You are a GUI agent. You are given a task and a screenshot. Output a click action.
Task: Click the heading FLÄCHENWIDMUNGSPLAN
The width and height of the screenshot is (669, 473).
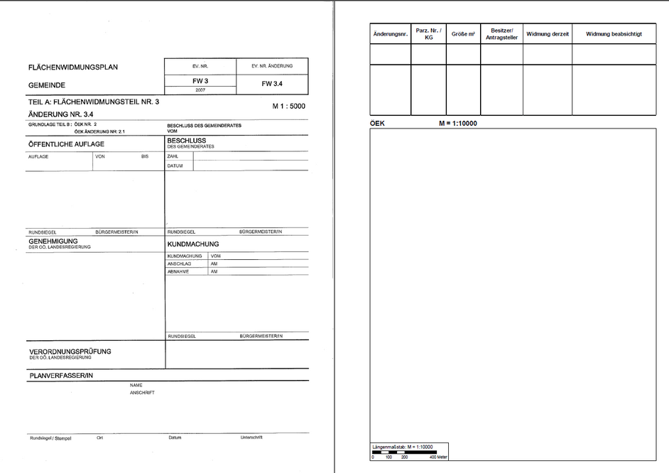pyautogui.click(x=73, y=67)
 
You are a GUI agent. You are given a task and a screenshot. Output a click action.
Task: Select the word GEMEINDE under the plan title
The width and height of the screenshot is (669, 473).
pyautogui.click(x=47, y=85)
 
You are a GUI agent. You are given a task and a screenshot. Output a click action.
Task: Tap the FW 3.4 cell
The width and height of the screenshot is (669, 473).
pyautogui.click(x=272, y=84)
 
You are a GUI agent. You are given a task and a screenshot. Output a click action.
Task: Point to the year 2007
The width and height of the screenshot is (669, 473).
pyautogui.click(x=200, y=91)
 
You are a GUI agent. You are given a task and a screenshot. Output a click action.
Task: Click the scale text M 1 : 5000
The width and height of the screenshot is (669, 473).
pyautogui.click(x=289, y=106)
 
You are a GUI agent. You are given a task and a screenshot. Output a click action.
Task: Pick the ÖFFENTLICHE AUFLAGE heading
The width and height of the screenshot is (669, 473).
pyautogui.click(x=66, y=144)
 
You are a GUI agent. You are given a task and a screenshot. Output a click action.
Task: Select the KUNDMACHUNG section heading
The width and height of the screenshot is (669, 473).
pyautogui.click(x=193, y=244)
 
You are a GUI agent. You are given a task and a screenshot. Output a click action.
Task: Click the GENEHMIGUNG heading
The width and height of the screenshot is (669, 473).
pyautogui.click(x=53, y=241)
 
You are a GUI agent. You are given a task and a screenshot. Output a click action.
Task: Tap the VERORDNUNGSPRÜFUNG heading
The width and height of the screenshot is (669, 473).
pyautogui.click(x=70, y=351)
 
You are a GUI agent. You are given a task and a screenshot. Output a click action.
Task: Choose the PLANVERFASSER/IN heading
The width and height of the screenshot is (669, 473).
pyautogui.click(x=61, y=374)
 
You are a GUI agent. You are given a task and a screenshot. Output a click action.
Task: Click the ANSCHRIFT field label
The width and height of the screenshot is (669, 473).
pyautogui.click(x=142, y=392)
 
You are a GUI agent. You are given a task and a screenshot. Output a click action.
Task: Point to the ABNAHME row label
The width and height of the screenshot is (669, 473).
pyautogui.click(x=179, y=271)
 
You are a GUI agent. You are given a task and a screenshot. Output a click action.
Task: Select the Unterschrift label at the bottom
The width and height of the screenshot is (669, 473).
pyautogui.click(x=252, y=437)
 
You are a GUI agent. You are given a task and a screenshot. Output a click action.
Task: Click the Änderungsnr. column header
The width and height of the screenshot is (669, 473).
pyautogui.click(x=390, y=34)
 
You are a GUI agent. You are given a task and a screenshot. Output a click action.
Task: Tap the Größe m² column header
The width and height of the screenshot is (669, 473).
pyautogui.click(x=463, y=34)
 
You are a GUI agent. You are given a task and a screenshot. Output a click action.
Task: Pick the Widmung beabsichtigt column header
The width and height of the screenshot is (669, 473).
pyautogui.click(x=614, y=34)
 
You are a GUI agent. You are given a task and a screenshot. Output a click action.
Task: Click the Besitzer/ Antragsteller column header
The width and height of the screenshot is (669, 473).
pyautogui.click(x=501, y=34)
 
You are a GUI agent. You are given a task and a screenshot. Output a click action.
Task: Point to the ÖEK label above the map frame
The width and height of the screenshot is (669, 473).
pyautogui.click(x=378, y=123)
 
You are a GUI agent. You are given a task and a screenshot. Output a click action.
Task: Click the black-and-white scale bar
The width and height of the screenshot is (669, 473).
pyautogui.click(x=403, y=452)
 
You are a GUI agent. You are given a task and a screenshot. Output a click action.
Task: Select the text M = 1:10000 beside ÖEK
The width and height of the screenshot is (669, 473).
pyautogui.click(x=457, y=123)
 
